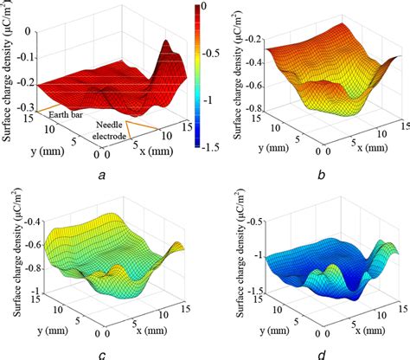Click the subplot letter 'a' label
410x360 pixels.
point(103,174)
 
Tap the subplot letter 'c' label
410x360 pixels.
point(103,353)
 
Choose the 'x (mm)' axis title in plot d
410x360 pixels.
point(346,334)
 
